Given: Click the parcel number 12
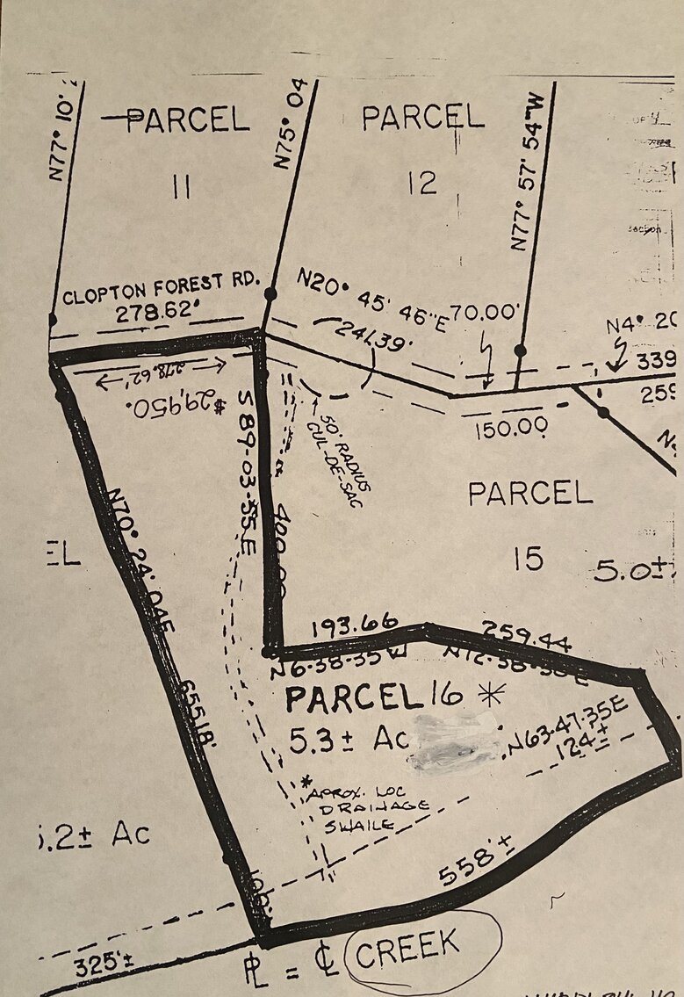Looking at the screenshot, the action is tap(422, 183).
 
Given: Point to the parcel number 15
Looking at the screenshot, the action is tap(528, 558).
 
